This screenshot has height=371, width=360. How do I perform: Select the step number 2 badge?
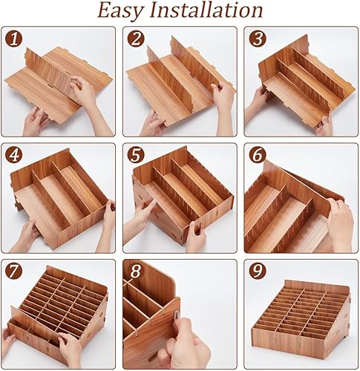pyautogui.click(x=134, y=39)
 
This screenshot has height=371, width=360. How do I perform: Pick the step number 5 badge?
pyautogui.click(x=134, y=155)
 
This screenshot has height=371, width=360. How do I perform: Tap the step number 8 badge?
pyautogui.click(x=134, y=272)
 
